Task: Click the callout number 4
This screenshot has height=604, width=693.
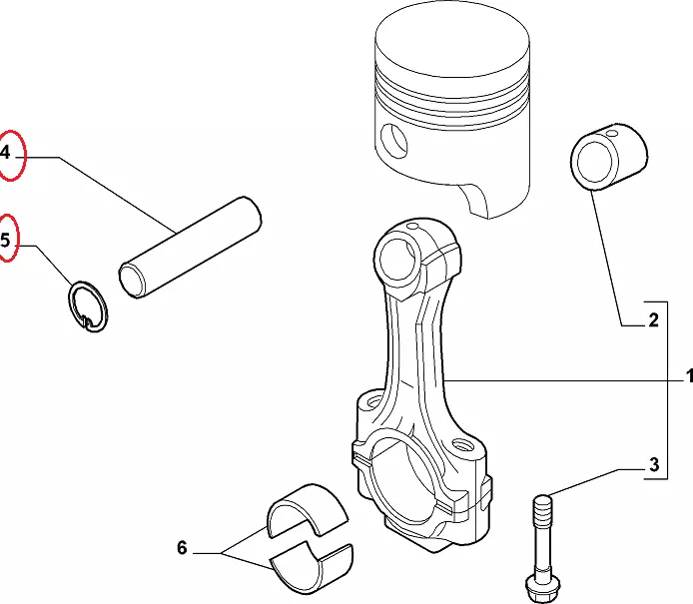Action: (5, 153)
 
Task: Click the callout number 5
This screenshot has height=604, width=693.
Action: (5, 241)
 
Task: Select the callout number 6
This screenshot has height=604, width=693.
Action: (182, 548)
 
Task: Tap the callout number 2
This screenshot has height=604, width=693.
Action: (654, 319)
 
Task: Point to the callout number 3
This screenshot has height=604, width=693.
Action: (654, 465)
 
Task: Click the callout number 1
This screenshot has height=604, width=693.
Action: (689, 376)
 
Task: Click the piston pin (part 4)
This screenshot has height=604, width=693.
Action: (190, 248)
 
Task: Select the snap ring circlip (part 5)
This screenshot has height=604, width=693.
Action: (88, 306)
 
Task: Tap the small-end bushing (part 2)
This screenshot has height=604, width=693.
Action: (609, 157)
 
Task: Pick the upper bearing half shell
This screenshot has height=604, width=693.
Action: (308, 511)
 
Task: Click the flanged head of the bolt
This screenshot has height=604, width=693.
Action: (542, 589)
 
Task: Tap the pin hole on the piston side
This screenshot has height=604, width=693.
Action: (393, 141)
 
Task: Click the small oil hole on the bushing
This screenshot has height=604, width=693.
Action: (612, 133)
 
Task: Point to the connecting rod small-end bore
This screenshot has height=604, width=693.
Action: (397, 259)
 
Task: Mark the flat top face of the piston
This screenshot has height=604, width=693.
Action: (452, 40)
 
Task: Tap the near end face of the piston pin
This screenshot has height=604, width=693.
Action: (133, 281)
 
